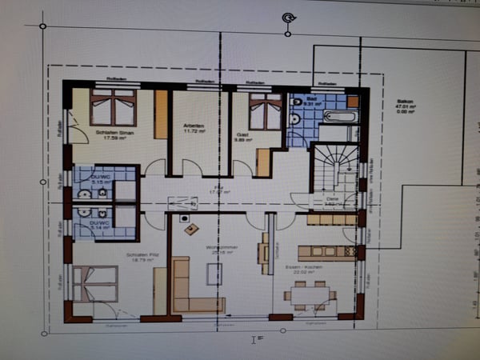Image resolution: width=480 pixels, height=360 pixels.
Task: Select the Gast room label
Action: pyautogui.click(x=243, y=134)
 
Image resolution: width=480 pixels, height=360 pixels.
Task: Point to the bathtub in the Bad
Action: pyautogui.click(x=341, y=116)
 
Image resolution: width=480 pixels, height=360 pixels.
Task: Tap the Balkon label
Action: pyautogui.click(x=405, y=102)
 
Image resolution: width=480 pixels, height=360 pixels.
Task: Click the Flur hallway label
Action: pyautogui.click(x=214, y=190)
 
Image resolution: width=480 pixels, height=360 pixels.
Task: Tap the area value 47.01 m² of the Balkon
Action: pyautogui.click(x=404, y=110)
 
